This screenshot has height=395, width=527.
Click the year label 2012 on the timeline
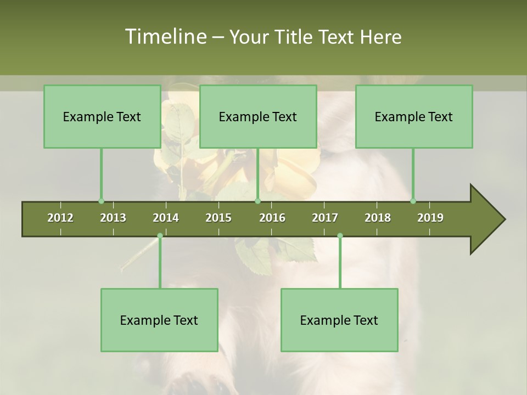coord(60,218)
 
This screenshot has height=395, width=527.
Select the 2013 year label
coord(113,218)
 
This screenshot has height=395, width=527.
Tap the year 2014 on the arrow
coord(166,218)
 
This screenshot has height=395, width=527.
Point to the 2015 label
coord(218,218)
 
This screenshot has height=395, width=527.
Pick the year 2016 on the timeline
coord(272,218)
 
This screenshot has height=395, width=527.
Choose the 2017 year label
coord(325,218)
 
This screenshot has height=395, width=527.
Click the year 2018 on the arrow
coord(378,218)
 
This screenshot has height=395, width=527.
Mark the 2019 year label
coord(430,218)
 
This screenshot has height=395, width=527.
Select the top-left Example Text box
coord(102,116)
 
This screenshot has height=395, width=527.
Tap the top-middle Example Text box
coord(258,116)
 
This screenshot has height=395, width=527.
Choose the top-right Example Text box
coord(414,116)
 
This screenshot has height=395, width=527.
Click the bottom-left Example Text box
coord(159,320)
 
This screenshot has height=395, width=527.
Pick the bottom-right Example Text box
coord(339,320)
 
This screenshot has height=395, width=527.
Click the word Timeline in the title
coord(165,37)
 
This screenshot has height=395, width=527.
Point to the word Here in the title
coord(380,37)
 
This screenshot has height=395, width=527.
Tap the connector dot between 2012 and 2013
coord(101,201)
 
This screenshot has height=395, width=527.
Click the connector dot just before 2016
coord(258,201)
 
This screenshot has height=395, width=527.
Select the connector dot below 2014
coord(160,236)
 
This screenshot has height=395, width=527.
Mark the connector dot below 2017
coord(340,236)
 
